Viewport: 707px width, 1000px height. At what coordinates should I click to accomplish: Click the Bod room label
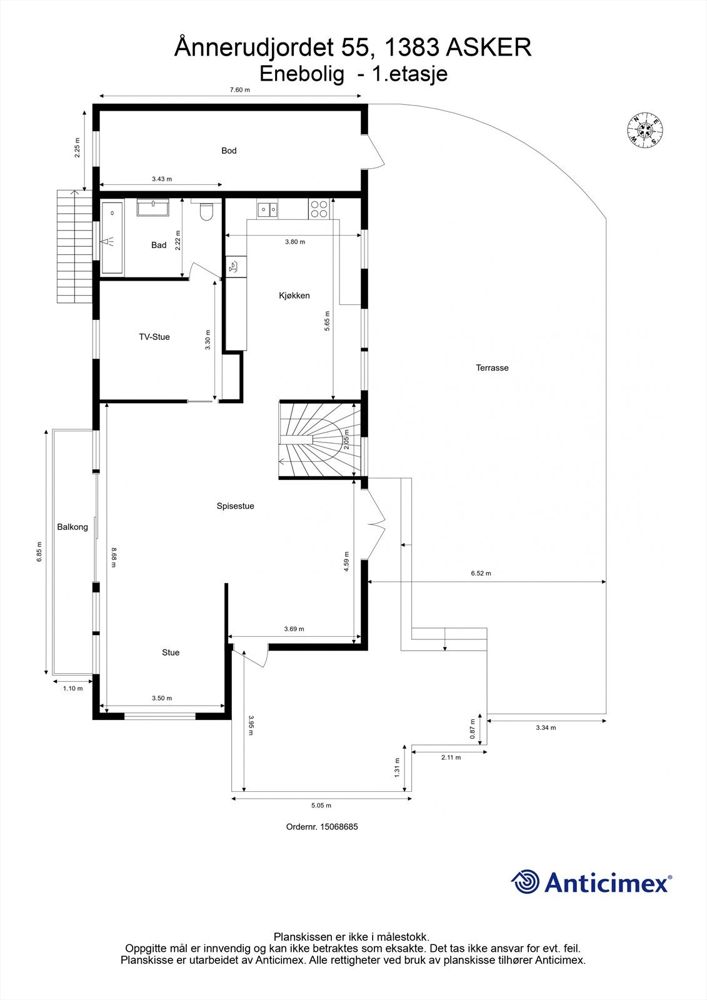[229, 151]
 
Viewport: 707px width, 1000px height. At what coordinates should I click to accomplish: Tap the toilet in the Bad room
[206, 213]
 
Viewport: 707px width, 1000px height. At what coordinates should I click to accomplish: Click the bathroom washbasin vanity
[153, 207]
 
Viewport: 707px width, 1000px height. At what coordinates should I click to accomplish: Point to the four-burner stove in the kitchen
[319, 209]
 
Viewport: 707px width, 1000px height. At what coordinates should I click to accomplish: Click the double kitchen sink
[268, 209]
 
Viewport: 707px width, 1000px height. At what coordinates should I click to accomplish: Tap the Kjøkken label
[294, 296]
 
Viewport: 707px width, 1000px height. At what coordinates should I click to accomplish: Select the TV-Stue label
[154, 337]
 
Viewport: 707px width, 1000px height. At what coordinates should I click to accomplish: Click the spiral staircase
[320, 440]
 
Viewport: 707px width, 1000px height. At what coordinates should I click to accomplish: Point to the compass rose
[645, 129]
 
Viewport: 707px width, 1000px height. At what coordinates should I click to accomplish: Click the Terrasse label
[492, 368]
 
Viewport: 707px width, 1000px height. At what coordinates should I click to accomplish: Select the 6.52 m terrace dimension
[481, 573]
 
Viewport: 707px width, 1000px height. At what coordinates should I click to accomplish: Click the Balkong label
[73, 527]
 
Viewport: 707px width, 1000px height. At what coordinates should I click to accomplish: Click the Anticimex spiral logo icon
[525, 882]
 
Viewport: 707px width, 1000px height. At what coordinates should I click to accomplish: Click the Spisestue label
[235, 506]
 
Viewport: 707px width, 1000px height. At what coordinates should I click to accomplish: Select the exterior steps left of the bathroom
[74, 246]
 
